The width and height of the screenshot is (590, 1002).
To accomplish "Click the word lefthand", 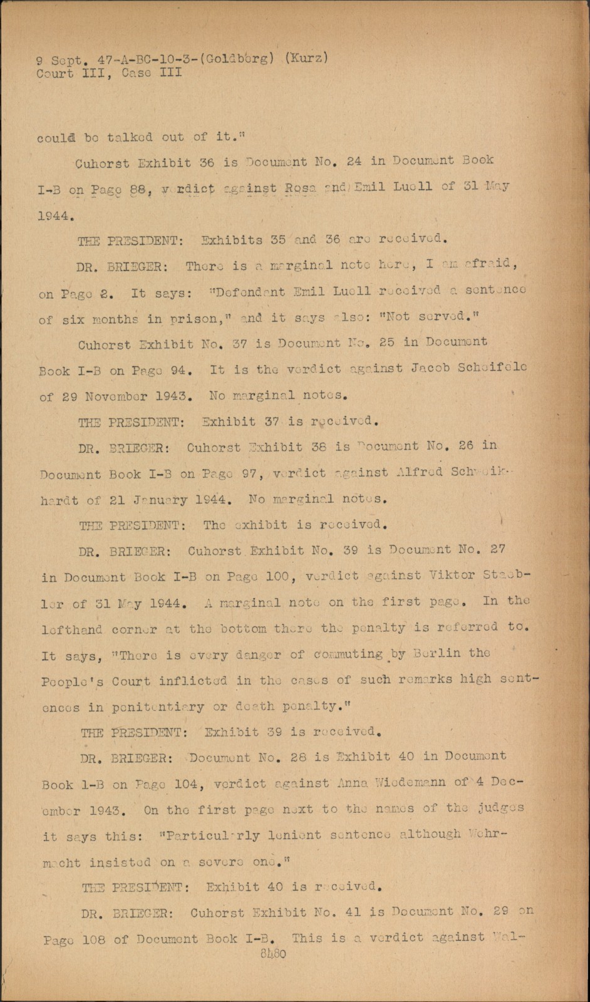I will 72,629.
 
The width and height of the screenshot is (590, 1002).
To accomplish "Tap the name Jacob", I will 436,369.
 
